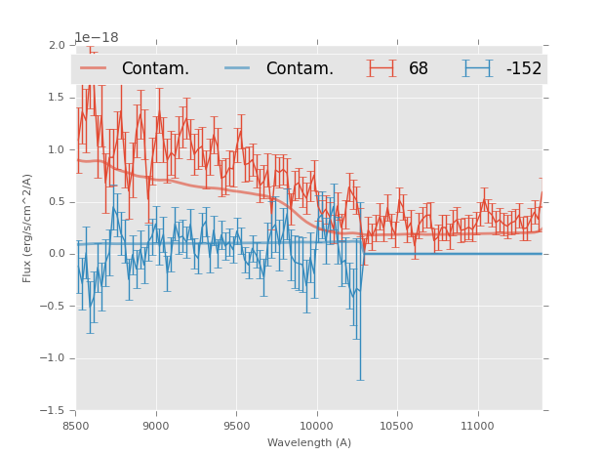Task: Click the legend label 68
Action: pos(419,68)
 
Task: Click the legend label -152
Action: pos(523,68)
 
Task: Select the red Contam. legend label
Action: pos(155,68)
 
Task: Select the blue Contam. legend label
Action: pos(300,68)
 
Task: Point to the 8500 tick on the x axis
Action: pos(76,426)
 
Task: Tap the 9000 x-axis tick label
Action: pos(156,426)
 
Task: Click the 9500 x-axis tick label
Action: pos(236,426)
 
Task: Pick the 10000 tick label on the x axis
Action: pos(317,426)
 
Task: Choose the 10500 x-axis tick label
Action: pos(397,426)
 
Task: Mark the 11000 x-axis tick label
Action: pos(477,426)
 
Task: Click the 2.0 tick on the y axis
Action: pos(56,45)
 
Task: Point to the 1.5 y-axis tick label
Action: pos(56,98)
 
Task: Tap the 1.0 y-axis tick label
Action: pos(56,149)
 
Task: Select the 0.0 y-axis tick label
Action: pos(56,254)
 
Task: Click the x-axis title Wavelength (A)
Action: pos(309,442)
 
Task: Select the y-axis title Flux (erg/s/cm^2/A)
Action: pos(27,228)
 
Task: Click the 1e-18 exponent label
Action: pos(97,37)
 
